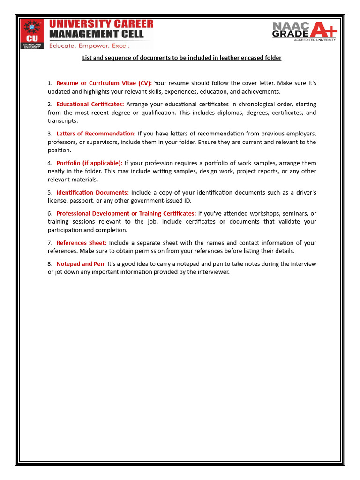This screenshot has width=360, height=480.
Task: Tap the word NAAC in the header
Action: click(x=290, y=26)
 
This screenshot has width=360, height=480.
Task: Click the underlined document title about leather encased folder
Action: click(x=182, y=58)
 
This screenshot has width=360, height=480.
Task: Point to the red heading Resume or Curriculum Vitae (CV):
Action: click(x=104, y=83)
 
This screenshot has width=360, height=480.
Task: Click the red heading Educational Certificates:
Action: click(x=90, y=104)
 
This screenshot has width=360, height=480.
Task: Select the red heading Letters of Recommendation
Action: click(x=96, y=134)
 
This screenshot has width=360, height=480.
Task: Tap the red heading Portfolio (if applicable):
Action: click(x=89, y=163)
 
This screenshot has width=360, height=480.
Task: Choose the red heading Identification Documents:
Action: click(x=92, y=192)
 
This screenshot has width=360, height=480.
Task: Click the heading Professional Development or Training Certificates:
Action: click(x=126, y=213)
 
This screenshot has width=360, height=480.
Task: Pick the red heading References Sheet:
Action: click(x=82, y=243)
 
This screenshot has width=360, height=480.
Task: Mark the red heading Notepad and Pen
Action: click(x=81, y=264)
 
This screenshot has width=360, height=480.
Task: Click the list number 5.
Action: click(x=50, y=192)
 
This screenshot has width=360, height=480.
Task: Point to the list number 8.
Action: click(x=50, y=264)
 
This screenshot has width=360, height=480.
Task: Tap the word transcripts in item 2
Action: click(x=63, y=121)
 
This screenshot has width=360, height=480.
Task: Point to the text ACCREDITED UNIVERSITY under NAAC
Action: click(x=315, y=40)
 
